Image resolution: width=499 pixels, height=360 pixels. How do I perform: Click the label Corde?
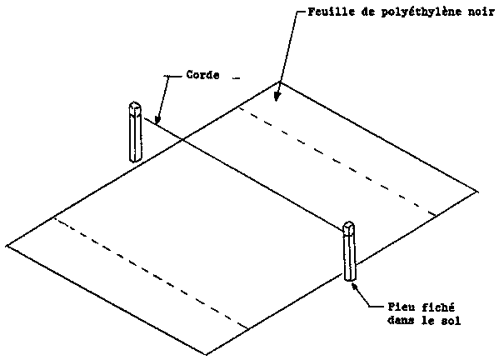click(202, 75)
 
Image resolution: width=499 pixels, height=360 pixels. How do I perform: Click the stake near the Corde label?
click(135, 132)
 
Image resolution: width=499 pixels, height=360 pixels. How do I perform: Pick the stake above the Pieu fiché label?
click(349, 251)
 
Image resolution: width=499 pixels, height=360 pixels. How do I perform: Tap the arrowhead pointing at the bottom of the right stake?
click(355, 286)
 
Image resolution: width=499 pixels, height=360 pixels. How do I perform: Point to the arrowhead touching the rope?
click(157, 120)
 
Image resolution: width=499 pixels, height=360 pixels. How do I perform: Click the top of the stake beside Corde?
click(135, 105)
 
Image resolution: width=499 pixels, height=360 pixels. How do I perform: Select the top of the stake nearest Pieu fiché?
click(349, 225)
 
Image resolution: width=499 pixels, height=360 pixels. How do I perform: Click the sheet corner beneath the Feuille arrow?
click(280, 82)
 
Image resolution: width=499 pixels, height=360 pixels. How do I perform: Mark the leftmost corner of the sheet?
click(7, 245)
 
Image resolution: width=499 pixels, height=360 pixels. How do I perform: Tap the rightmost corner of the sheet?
click(478, 192)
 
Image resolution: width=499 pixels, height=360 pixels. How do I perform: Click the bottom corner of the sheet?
click(207, 355)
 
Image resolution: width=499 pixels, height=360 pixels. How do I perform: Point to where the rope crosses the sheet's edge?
click(182, 139)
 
